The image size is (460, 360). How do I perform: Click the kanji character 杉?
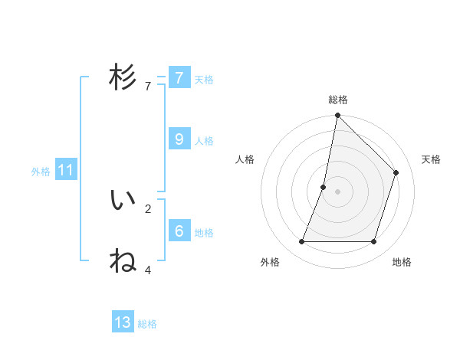(x=123, y=77)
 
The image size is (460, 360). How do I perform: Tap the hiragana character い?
(x=123, y=200)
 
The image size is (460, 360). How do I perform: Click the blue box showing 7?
(x=179, y=77)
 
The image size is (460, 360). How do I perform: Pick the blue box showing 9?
(x=179, y=139)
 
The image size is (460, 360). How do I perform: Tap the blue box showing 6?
(x=179, y=231)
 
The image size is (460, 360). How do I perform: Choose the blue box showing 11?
(x=65, y=170)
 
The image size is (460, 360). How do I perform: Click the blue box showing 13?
(x=123, y=322)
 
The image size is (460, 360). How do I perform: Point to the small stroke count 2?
(x=148, y=208)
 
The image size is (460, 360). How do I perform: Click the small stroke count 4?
(x=148, y=270)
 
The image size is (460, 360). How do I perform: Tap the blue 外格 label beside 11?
(x=41, y=172)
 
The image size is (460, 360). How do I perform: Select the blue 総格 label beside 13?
(x=147, y=324)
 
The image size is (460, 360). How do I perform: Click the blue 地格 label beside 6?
(x=204, y=233)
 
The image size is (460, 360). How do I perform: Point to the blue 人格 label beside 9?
(x=204, y=141)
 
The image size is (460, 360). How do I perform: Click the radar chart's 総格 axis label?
(x=338, y=100)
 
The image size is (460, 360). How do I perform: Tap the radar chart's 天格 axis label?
(x=431, y=159)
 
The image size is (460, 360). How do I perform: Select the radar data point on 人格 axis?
(x=324, y=187)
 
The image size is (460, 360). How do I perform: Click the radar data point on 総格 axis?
(x=337, y=116)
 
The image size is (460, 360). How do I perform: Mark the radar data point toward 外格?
(x=301, y=242)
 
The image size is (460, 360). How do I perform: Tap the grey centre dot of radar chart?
(x=337, y=191)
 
